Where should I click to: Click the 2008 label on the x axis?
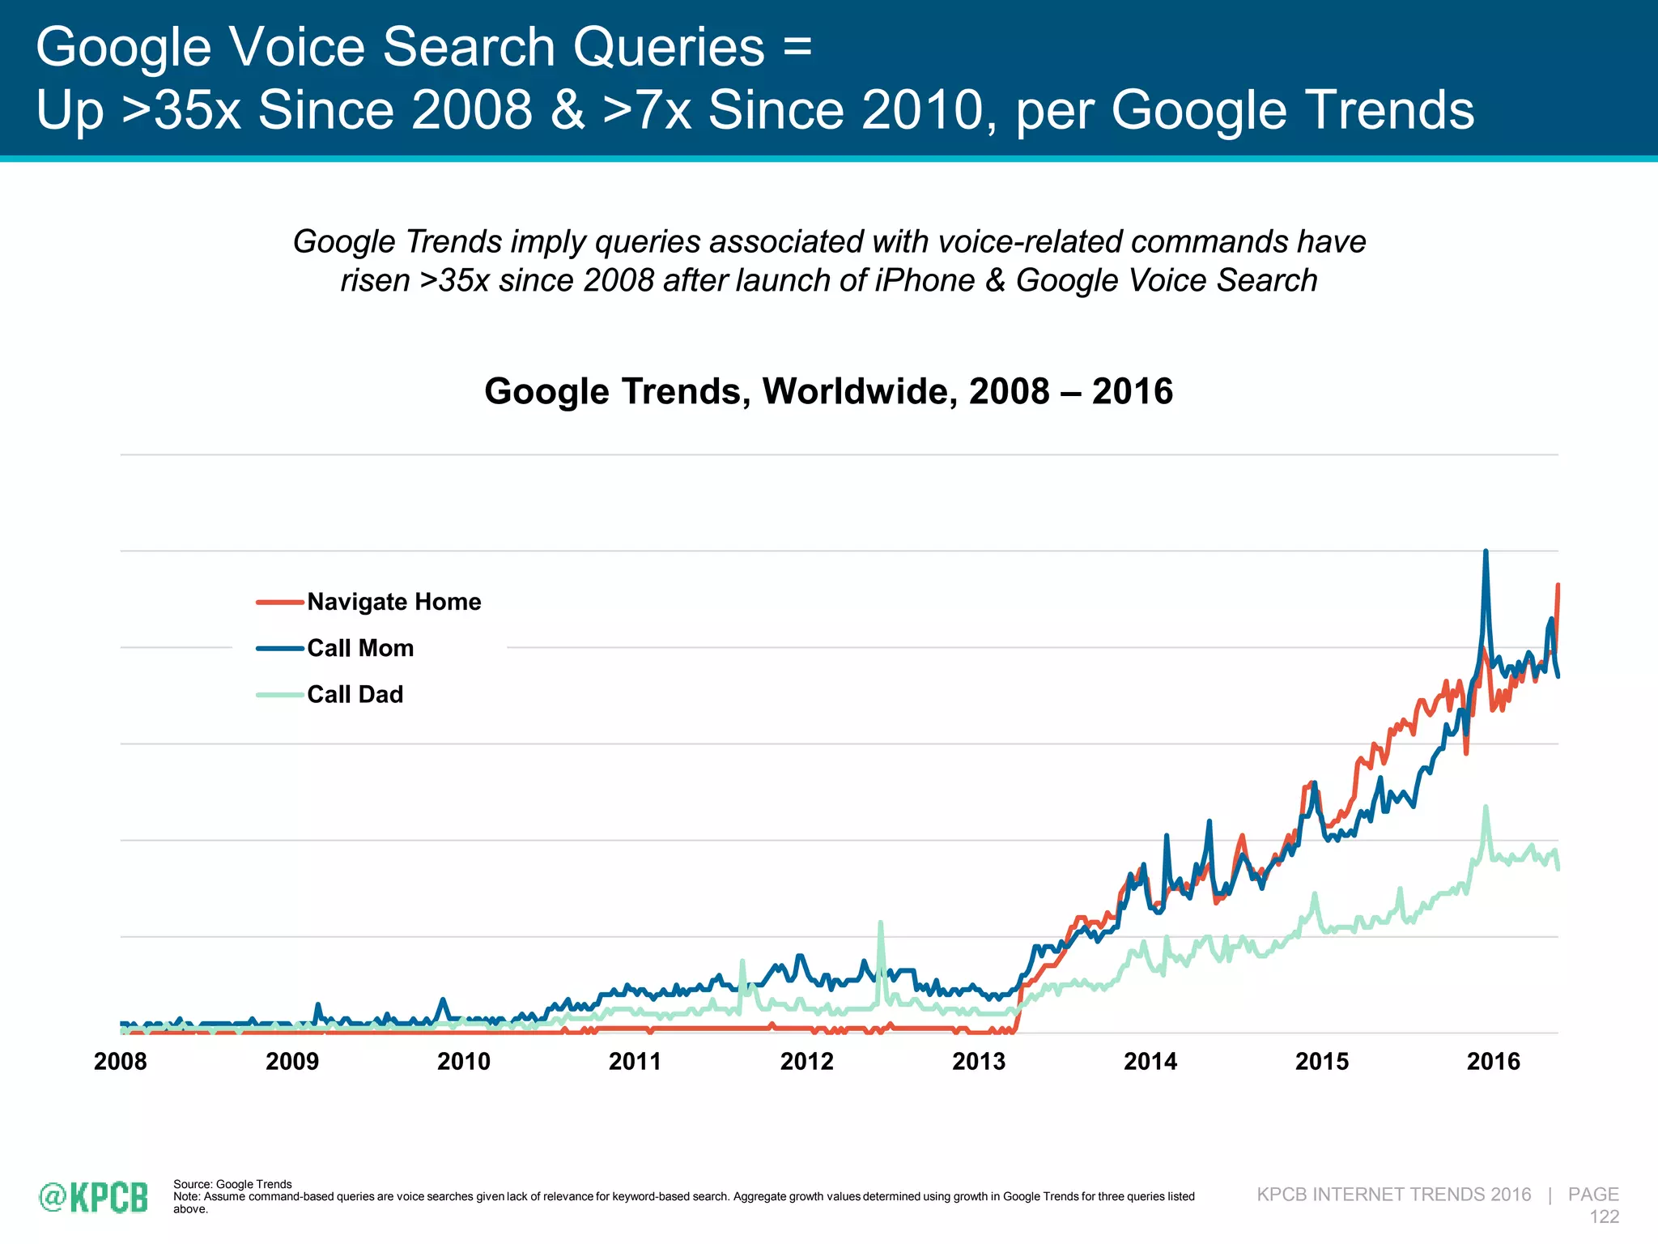tap(120, 1061)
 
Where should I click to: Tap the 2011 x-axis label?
tap(635, 1061)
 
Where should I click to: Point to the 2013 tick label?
tap(978, 1061)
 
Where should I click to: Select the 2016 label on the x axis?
tap(1493, 1061)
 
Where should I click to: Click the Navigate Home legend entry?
tap(393, 602)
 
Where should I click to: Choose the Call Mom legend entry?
tap(360, 648)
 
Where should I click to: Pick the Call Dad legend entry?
tap(355, 694)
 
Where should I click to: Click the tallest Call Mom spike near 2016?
tap(1485, 553)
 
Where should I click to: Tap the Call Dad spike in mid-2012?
tap(880, 924)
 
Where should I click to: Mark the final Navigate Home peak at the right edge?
tap(1558, 586)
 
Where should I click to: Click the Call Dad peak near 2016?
tap(1486, 808)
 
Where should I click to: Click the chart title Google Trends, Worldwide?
tap(828, 392)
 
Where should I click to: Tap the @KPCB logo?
tap(94, 1197)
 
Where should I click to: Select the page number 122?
tap(1604, 1216)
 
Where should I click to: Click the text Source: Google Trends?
tap(232, 1184)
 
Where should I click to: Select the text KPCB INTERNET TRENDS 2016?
tap(1393, 1195)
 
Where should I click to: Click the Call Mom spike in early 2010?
tap(442, 1000)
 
